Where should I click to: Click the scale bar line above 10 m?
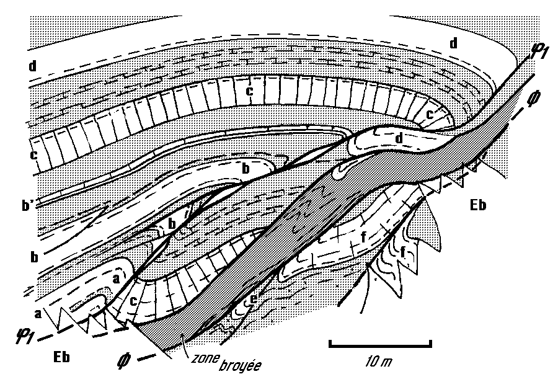click(x=379, y=342)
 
